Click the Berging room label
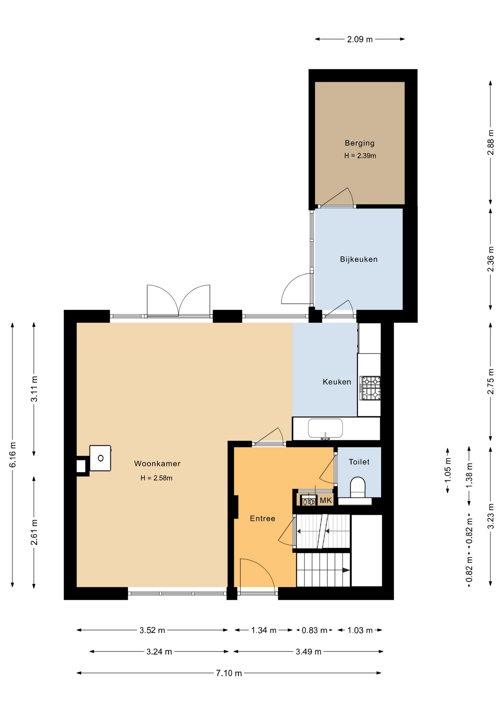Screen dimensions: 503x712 click(x=359, y=143)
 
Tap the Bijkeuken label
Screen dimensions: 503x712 click(x=359, y=259)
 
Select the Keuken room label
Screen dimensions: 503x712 click(x=337, y=382)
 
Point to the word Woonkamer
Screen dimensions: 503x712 click(x=157, y=463)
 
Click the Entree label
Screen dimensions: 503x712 click(x=262, y=518)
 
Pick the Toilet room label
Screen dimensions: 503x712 click(x=359, y=462)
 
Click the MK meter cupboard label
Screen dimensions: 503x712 click(x=326, y=500)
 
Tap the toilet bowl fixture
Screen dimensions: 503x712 click(x=357, y=487)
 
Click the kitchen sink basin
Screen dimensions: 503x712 click(x=325, y=428)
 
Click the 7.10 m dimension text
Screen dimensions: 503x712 click(x=229, y=673)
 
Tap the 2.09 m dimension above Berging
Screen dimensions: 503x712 click(x=360, y=39)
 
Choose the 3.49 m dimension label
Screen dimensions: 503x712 click(x=308, y=652)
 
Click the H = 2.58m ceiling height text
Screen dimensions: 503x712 click(x=156, y=478)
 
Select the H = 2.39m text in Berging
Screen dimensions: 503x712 click(x=360, y=156)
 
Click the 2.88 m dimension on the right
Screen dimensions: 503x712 click(x=490, y=142)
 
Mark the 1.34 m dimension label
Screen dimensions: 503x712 click(x=264, y=630)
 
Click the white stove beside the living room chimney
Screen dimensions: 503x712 click(x=100, y=458)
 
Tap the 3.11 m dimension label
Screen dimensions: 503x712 click(x=34, y=389)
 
